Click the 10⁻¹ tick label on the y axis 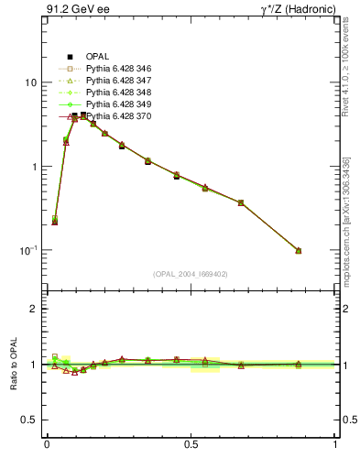28,250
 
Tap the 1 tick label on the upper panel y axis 35,167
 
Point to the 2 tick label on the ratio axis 35,309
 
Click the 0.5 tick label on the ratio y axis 30,420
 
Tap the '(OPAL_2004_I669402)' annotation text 191,272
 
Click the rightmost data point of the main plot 299,250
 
